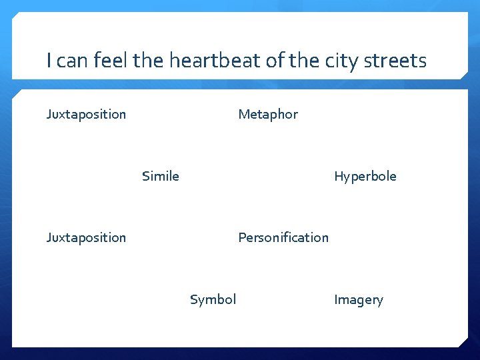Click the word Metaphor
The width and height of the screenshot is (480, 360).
click(268, 114)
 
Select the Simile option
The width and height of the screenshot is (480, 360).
click(161, 176)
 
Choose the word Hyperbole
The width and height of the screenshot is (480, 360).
click(365, 176)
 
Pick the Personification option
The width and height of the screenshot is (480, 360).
click(283, 237)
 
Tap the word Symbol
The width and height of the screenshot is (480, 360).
click(213, 299)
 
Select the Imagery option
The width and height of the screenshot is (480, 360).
click(359, 300)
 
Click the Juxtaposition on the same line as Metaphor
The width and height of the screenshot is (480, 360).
click(86, 114)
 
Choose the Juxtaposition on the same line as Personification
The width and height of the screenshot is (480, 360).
click(86, 237)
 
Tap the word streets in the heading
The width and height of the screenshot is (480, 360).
click(397, 61)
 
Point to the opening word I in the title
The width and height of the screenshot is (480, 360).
click(49, 61)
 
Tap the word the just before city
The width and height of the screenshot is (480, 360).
click(305, 61)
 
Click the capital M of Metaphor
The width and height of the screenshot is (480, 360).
click(243, 114)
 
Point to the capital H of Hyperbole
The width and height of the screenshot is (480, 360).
click(338, 176)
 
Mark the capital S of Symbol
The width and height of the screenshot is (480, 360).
click(194, 299)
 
